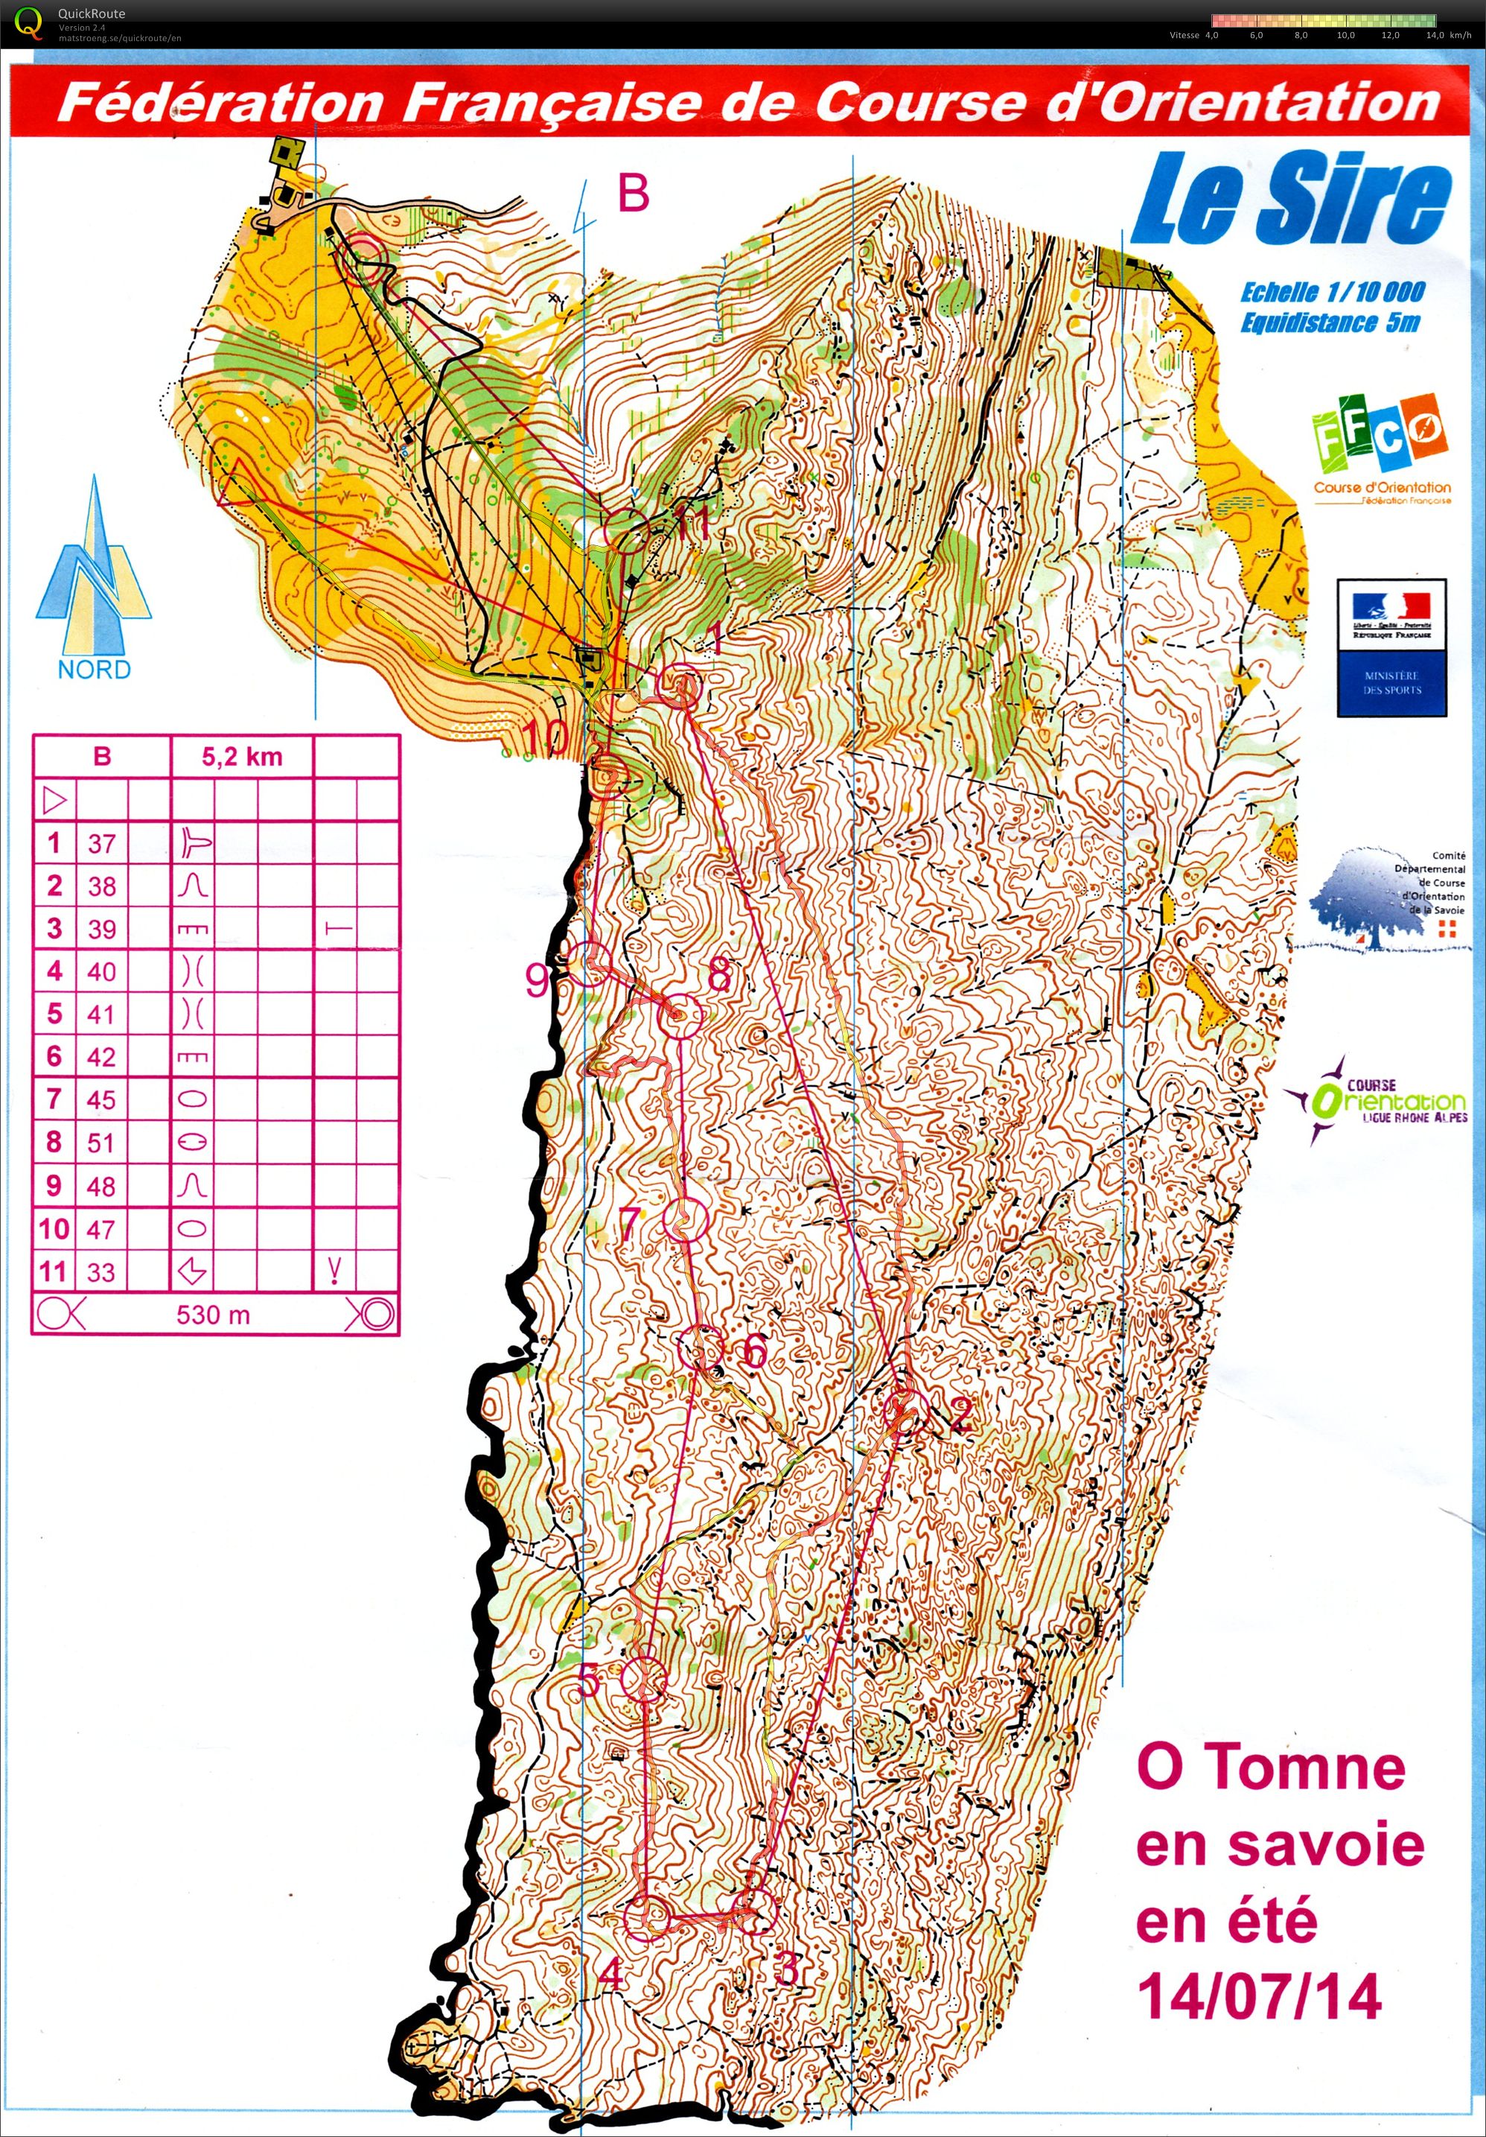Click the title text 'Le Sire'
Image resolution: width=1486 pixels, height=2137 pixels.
[x=1292, y=200]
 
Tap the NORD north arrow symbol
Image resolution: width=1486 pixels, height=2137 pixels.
[x=93, y=577]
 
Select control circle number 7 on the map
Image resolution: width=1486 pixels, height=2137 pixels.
[x=686, y=1219]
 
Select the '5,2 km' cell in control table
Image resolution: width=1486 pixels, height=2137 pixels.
[x=242, y=757]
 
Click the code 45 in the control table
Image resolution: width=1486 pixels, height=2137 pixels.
[x=101, y=1100]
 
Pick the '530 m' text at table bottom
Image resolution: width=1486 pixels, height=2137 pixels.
[x=213, y=1315]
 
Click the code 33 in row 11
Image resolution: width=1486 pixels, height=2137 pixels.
[x=101, y=1271]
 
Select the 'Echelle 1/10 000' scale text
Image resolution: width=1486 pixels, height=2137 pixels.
[x=1332, y=292]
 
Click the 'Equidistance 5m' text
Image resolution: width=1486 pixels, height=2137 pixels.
[x=1330, y=323]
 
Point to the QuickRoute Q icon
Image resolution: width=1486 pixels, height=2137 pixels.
[x=30, y=22]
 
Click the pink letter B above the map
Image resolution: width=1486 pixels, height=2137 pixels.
[x=634, y=194]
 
